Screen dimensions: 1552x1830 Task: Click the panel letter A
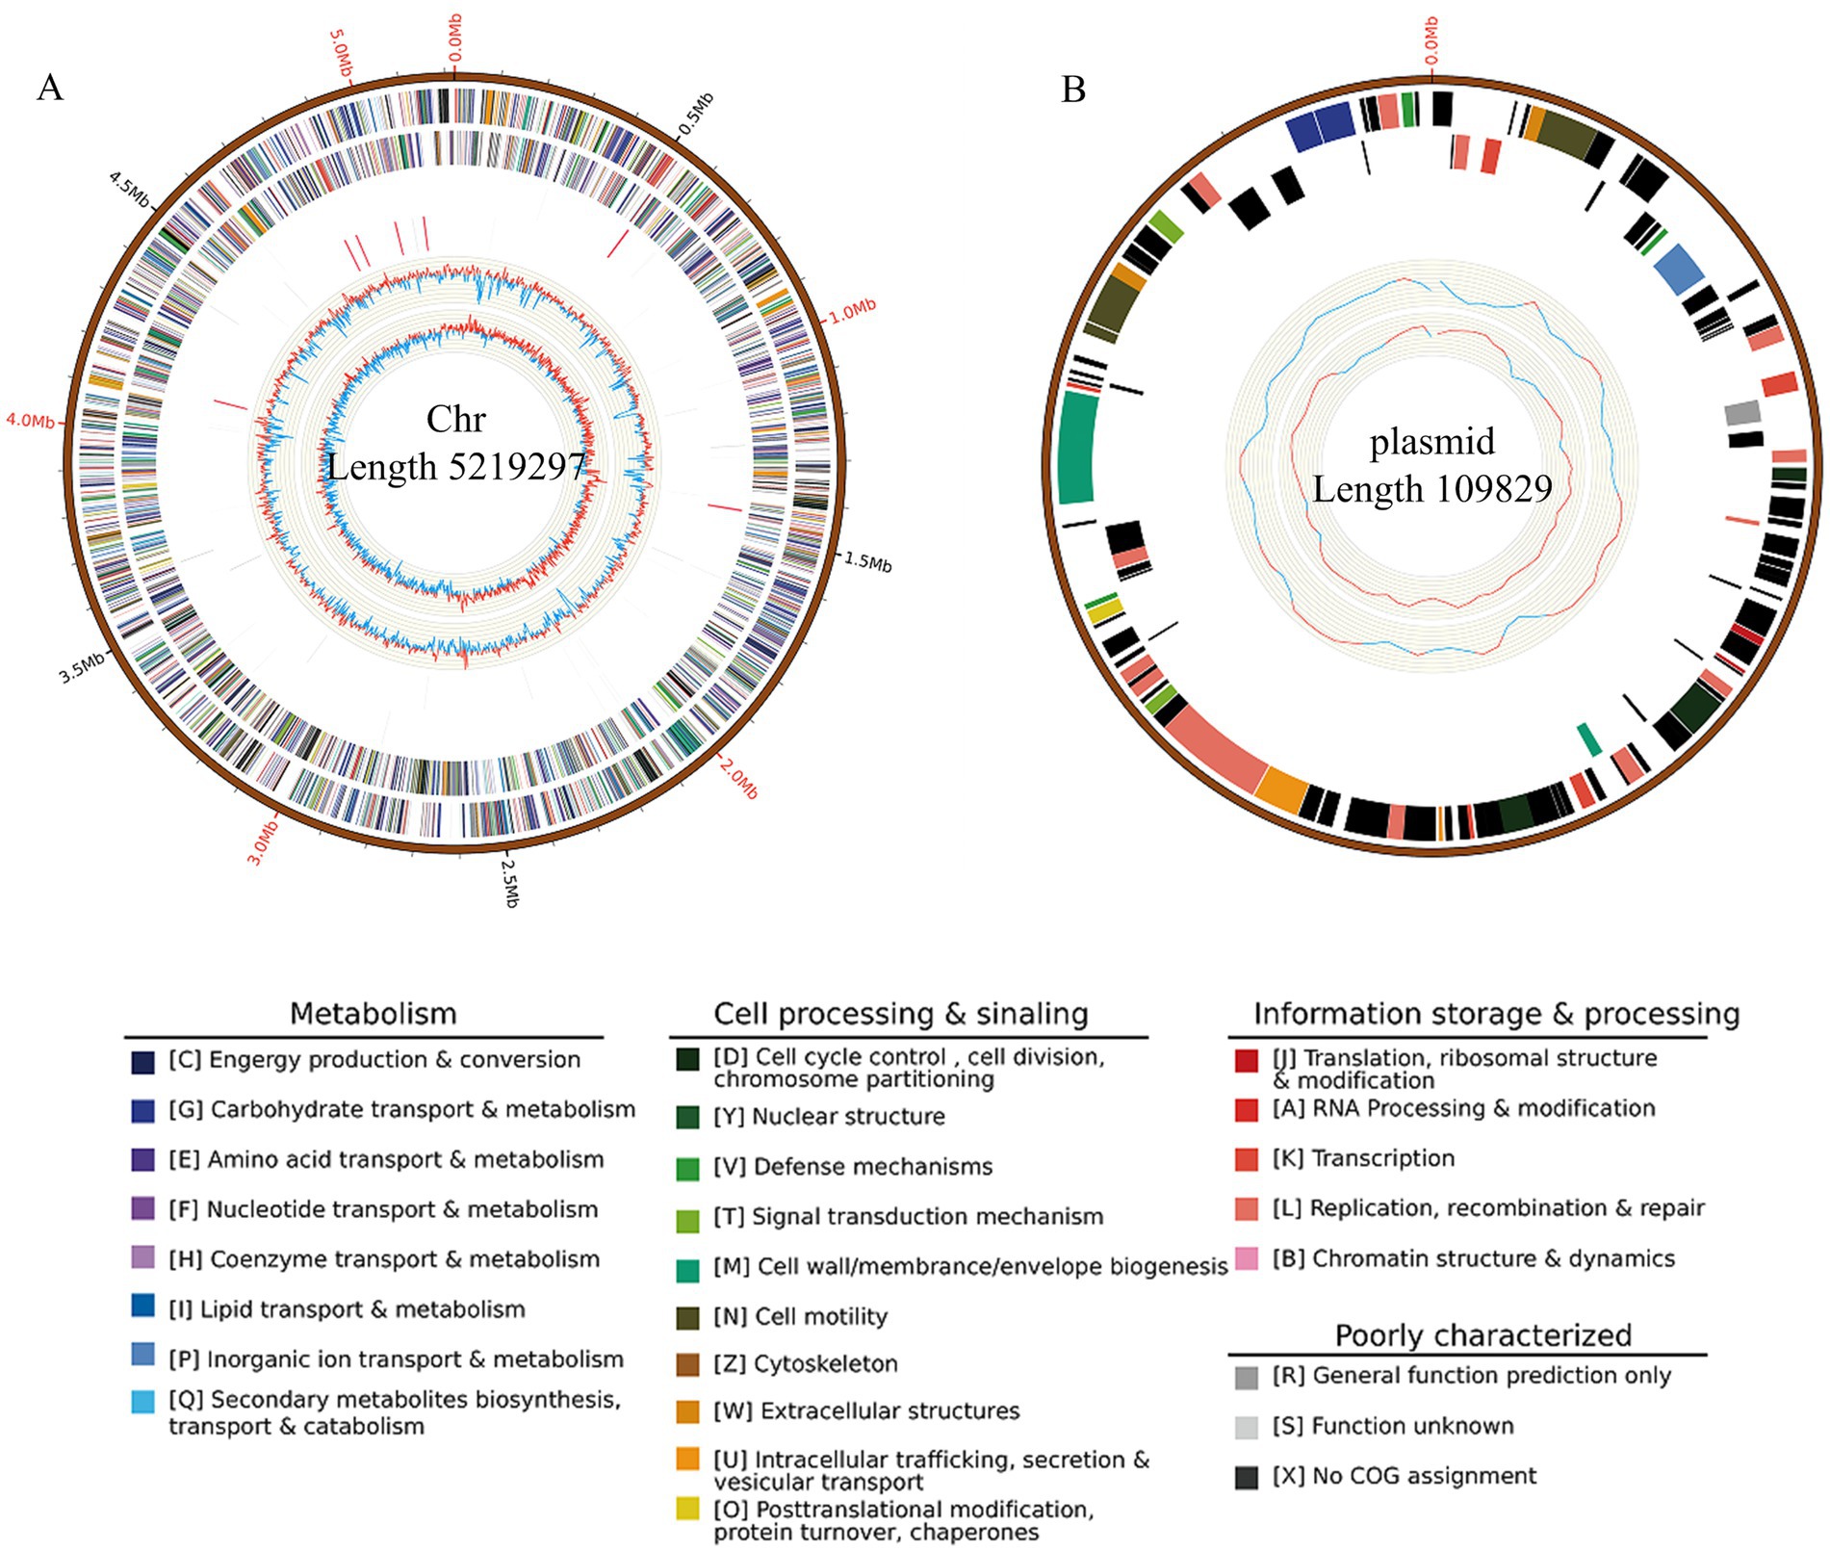49,89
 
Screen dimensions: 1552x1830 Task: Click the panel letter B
1072,90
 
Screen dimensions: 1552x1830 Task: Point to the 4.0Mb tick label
30,421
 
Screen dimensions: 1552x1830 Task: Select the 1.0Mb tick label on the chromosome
853,310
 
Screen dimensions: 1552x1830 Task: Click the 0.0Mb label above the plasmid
1431,39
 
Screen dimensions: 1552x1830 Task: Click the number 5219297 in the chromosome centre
520,467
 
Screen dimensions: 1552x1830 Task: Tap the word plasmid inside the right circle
1432,442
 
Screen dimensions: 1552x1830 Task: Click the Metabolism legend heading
373,1013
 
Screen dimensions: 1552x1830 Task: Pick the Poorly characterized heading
1482,1334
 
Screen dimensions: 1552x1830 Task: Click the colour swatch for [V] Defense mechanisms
687,1168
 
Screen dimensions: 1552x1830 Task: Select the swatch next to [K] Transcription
1247,1159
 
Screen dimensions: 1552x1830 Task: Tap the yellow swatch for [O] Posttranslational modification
687,1509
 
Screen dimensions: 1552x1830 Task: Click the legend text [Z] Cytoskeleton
805,1363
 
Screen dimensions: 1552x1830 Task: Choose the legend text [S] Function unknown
1392,1426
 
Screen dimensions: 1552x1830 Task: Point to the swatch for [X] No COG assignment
1247,1477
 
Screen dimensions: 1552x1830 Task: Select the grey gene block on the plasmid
1742,414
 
